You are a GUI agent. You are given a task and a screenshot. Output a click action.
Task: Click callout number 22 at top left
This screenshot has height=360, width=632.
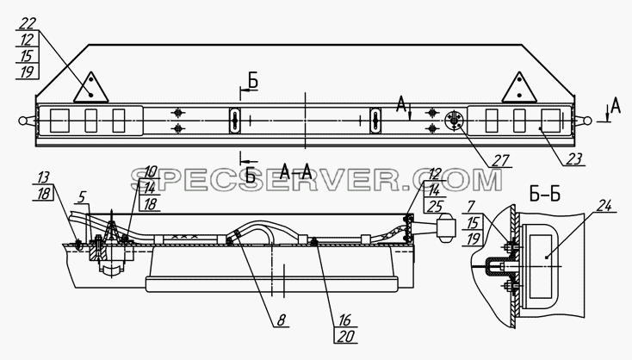(x=27, y=24)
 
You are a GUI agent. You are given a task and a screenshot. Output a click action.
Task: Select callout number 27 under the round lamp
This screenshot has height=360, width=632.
(x=500, y=160)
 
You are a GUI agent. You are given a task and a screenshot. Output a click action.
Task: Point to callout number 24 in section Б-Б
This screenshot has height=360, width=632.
(x=603, y=207)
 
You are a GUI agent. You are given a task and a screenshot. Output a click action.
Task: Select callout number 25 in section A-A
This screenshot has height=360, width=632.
(x=434, y=206)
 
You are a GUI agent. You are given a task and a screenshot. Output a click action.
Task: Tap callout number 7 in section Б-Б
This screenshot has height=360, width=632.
(x=472, y=208)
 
